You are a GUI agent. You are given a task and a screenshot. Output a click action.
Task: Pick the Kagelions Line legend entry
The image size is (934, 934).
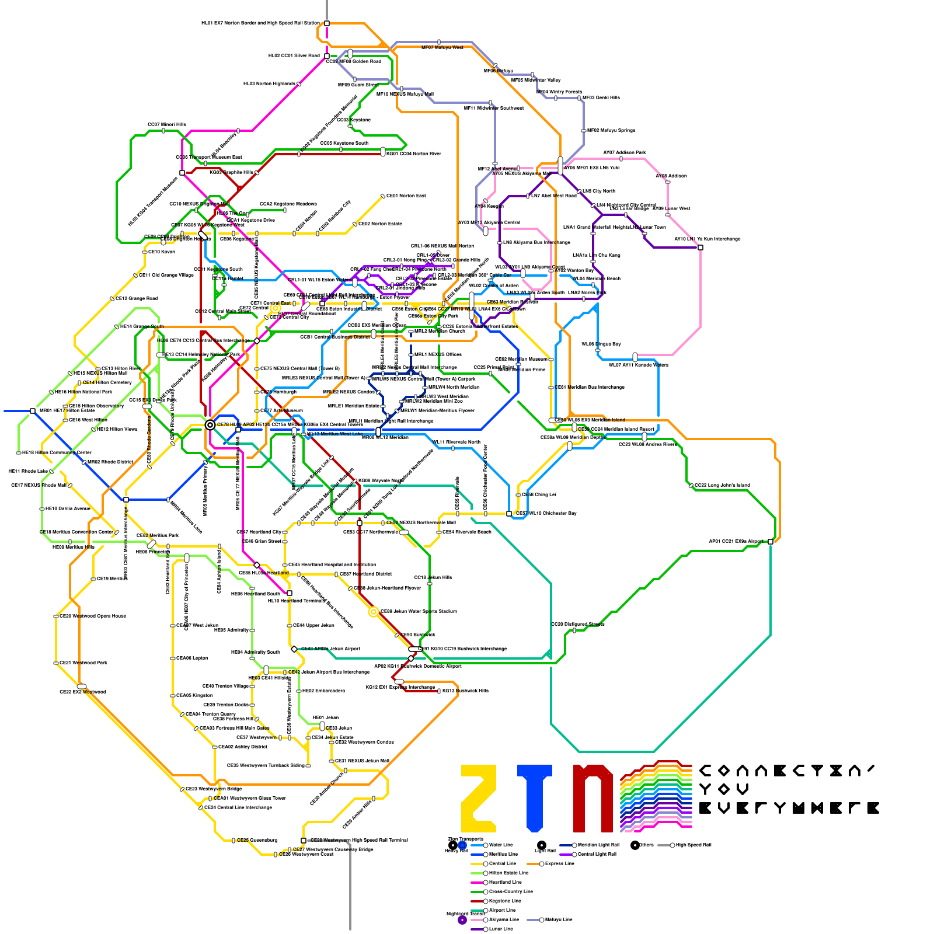coord(505,901)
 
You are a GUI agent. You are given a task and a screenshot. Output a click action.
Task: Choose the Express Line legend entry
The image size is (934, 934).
coord(559,863)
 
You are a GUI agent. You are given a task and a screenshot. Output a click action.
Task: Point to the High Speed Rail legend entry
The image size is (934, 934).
coord(693,845)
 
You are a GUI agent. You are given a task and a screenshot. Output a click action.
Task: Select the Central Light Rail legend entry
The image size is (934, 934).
coord(597,854)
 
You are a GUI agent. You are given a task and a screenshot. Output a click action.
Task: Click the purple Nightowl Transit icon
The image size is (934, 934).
coord(462,920)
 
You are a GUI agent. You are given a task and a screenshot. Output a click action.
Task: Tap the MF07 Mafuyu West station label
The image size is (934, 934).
coord(442,48)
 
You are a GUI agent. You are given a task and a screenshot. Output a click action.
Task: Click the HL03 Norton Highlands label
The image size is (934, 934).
coord(269,84)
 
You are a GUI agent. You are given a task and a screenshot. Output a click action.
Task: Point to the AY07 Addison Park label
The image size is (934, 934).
coord(624,153)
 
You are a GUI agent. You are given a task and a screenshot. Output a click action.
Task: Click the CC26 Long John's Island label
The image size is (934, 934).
coord(722,486)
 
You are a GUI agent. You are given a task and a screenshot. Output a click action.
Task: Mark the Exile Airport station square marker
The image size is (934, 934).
coord(771,542)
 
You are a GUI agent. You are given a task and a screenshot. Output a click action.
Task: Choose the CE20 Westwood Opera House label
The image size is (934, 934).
coord(93,616)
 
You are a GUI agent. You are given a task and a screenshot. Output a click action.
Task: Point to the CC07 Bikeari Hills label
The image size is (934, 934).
coord(167,125)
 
